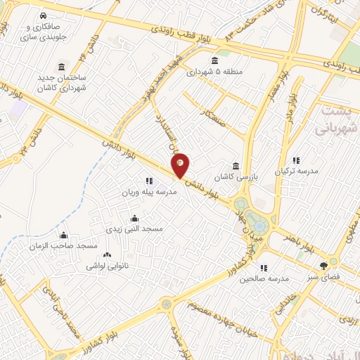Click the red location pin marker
tap(180, 164)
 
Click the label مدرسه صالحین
tap(264, 278)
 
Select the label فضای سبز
tap(323, 277)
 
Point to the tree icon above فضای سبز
tap(323, 266)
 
